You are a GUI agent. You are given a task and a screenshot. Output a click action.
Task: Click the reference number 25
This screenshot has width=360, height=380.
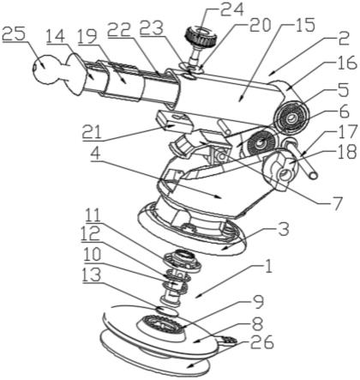point(14,34)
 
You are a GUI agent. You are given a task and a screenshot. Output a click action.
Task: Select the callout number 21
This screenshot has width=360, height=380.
point(93,133)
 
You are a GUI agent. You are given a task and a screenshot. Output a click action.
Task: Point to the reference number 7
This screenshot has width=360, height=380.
point(337,203)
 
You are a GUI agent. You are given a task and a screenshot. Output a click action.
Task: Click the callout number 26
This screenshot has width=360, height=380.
point(262,343)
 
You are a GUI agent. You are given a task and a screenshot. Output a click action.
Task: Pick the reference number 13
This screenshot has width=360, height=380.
point(92,275)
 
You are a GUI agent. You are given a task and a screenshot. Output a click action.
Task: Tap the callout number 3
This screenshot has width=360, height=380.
point(284,230)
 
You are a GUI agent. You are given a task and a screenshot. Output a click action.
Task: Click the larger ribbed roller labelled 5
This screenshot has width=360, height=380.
point(291,118)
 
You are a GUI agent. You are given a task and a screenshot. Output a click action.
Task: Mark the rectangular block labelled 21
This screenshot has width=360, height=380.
point(174,121)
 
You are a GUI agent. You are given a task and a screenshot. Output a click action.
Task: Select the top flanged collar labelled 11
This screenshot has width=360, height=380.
point(182,260)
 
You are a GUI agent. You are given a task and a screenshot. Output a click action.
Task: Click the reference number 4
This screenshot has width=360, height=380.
point(96,154)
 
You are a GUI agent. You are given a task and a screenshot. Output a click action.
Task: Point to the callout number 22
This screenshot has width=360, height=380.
point(119,29)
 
